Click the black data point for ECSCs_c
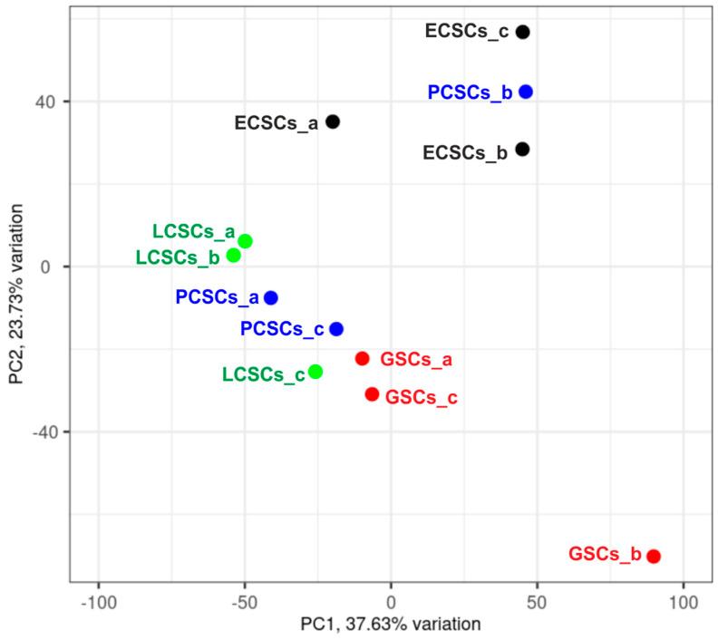(x=522, y=32)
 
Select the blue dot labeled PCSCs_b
(x=526, y=92)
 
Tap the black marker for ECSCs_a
(x=333, y=121)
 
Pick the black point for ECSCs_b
(x=522, y=149)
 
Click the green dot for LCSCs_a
(x=245, y=241)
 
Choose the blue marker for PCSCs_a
(x=271, y=297)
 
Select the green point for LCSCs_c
(x=315, y=372)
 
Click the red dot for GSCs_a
(x=363, y=358)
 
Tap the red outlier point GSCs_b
(x=654, y=556)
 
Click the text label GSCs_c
(x=422, y=397)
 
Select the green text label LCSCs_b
(x=177, y=257)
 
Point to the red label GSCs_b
(x=604, y=553)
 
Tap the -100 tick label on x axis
(x=98, y=600)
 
